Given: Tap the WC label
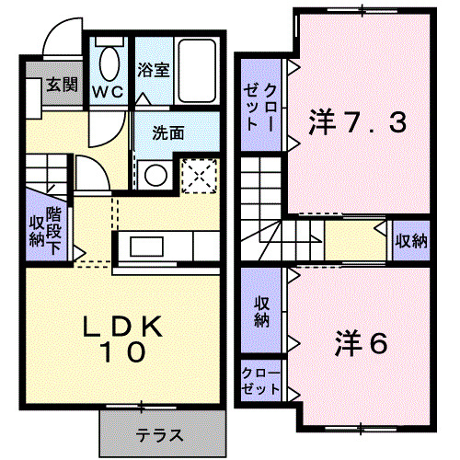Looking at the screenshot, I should coord(109,93).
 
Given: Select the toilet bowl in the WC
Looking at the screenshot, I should coord(109,62).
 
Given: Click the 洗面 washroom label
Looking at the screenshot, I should coord(168,132).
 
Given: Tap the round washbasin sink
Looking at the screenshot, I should coord(154,175).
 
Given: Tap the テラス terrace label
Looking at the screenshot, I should coord(161,435).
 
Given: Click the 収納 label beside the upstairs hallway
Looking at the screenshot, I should coord(410,242).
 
